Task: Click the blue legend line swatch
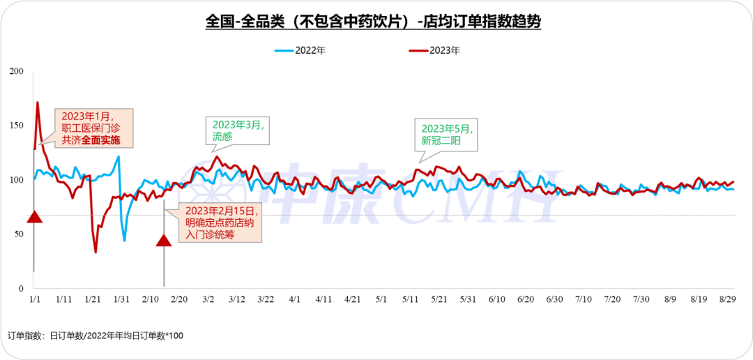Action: (x=284, y=51)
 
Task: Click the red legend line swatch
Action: (x=418, y=51)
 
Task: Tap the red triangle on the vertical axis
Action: (x=35, y=217)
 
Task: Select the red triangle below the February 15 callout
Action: (x=164, y=241)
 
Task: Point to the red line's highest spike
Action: (x=38, y=103)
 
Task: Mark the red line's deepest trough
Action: (x=96, y=251)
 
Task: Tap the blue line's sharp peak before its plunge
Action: (x=119, y=156)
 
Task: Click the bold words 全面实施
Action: (x=100, y=140)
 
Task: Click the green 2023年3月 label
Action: (x=238, y=125)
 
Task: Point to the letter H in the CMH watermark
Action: (x=533, y=196)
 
